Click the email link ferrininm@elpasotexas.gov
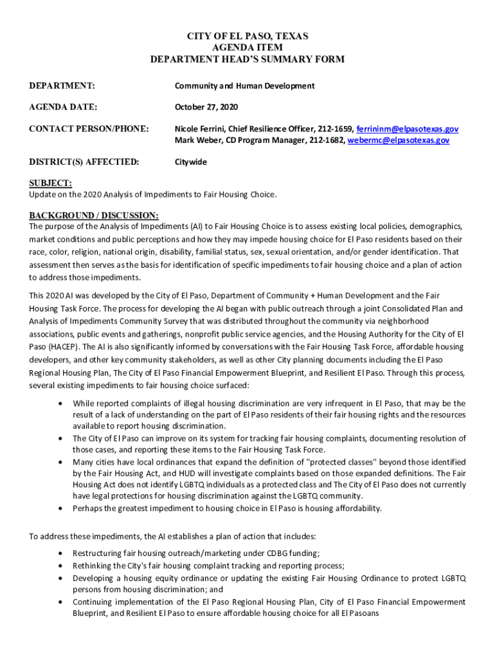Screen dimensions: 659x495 coord(407,129)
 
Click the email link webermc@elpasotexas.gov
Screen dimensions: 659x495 coord(399,140)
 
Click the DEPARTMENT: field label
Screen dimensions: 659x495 coord(62,86)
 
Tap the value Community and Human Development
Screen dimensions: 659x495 coord(244,86)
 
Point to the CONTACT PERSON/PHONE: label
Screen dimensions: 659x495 coord(89,129)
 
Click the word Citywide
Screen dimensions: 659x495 coord(191,162)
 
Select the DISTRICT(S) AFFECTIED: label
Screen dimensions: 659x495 coord(84,162)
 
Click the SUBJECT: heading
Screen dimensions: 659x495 coord(50,183)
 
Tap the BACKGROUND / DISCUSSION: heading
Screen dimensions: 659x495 coord(94,215)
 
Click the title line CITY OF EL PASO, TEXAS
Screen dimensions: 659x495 coord(248,37)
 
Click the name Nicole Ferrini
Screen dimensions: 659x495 coord(200,129)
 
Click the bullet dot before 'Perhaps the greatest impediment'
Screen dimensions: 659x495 coord(60,508)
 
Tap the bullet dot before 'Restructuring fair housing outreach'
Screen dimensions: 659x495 coord(60,553)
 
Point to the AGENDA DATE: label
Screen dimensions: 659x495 coord(63,107)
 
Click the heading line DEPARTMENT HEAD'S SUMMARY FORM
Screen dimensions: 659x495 coord(248,59)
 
